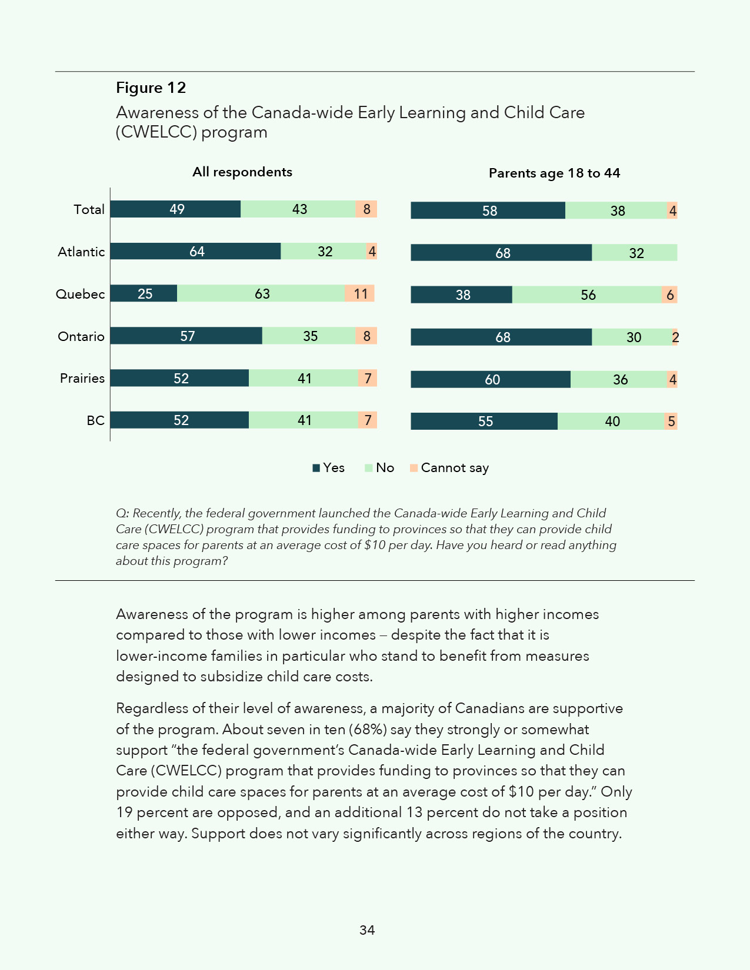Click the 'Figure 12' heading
click(151, 88)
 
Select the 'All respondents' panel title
click(242, 172)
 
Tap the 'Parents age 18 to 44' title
click(554, 173)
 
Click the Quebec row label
click(80, 294)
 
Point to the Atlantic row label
click(81, 252)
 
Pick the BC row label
click(95, 420)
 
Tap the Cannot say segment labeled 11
click(360, 293)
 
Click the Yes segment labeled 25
click(144, 293)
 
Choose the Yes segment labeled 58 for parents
click(488, 210)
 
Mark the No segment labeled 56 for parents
click(587, 295)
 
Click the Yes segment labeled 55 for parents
click(484, 422)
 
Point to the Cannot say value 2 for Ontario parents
click(675, 337)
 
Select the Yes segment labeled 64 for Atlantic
click(196, 252)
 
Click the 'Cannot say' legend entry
click(454, 468)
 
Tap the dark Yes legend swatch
click(316, 468)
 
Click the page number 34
click(367, 930)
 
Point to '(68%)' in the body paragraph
click(368, 730)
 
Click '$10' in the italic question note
click(375, 545)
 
